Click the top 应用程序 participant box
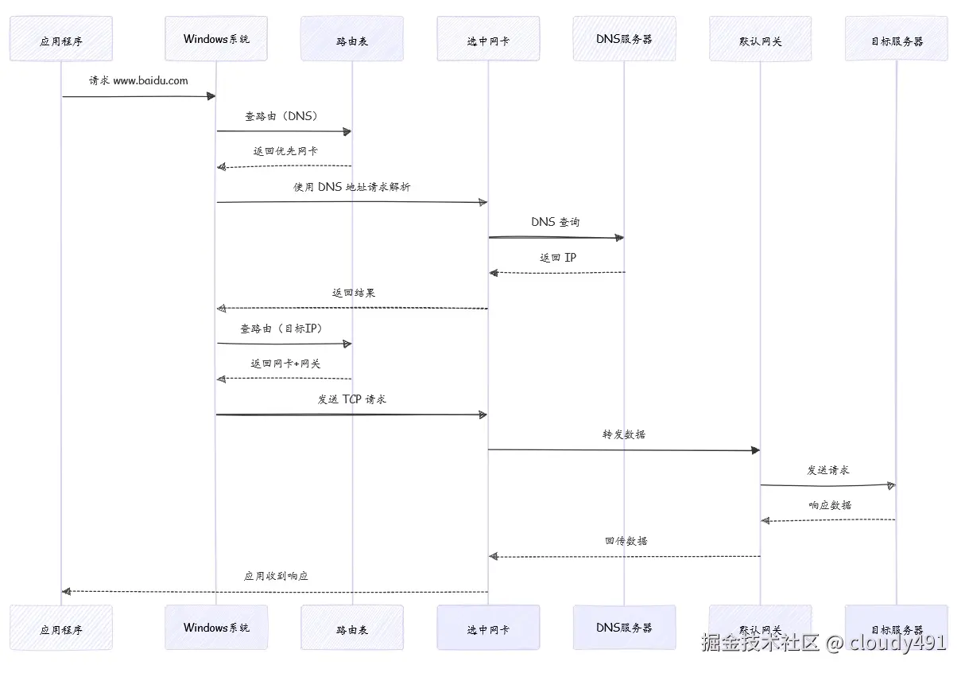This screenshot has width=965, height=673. click(x=61, y=40)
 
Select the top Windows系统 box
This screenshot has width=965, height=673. click(x=216, y=39)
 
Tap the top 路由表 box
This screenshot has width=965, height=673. click(x=352, y=40)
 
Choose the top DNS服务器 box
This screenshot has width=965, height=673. click(x=624, y=39)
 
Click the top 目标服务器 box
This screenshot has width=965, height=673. click(x=896, y=40)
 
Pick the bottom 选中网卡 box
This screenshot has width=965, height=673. click(x=488, y=628)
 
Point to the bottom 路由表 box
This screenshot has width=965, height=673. click(x=352, y=628)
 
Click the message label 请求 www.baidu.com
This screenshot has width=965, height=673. click(x=138, y=80)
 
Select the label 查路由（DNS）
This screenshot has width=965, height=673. click(x=284, y=115)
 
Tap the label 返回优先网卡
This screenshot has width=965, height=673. click(x=285, y=150)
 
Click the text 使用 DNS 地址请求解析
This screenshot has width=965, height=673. click(x=352, y=187)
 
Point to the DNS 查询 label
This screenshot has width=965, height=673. click(x=556, y=222)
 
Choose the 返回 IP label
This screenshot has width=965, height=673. click(x=558, y=258)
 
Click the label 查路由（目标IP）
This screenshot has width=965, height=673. click(x=284, y=328)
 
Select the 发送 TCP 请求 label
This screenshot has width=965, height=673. click(x=352, y=399)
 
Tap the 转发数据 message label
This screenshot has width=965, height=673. click(x=624, y=434)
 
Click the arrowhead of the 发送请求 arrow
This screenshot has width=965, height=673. click(x=891, y=485)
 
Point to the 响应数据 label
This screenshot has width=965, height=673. click(x=829, y=504)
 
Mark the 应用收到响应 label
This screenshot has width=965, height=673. click(x=276, y=575)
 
